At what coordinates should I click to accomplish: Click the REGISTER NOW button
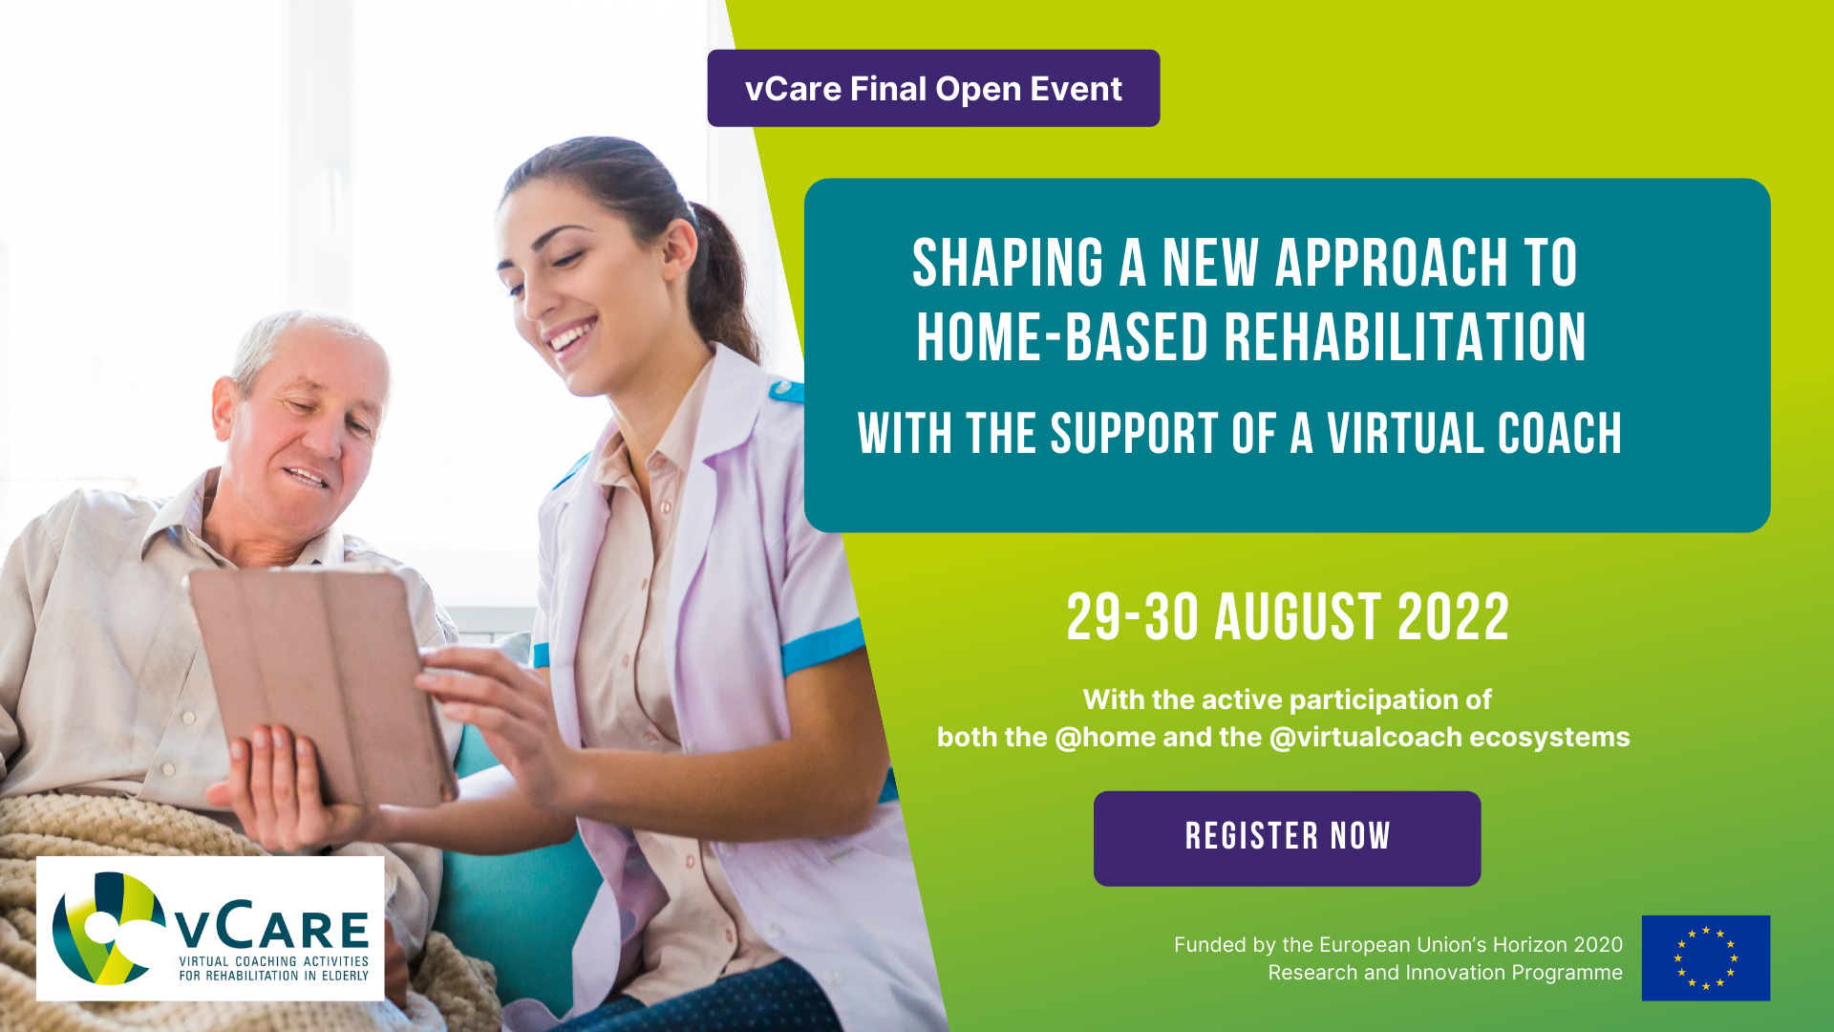coord(1287,838)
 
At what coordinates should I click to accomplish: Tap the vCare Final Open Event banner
coord(933,88)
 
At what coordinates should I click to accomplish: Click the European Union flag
coord(1706,957)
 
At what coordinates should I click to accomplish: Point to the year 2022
coord(1453,617)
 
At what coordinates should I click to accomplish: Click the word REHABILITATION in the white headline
coord(1405,337)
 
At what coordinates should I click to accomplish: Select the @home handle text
coord(1105,738)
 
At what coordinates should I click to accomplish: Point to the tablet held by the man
coord(320,683)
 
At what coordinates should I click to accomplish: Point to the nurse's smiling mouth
coord(571,336)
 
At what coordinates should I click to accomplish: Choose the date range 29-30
coord(1132,617)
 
